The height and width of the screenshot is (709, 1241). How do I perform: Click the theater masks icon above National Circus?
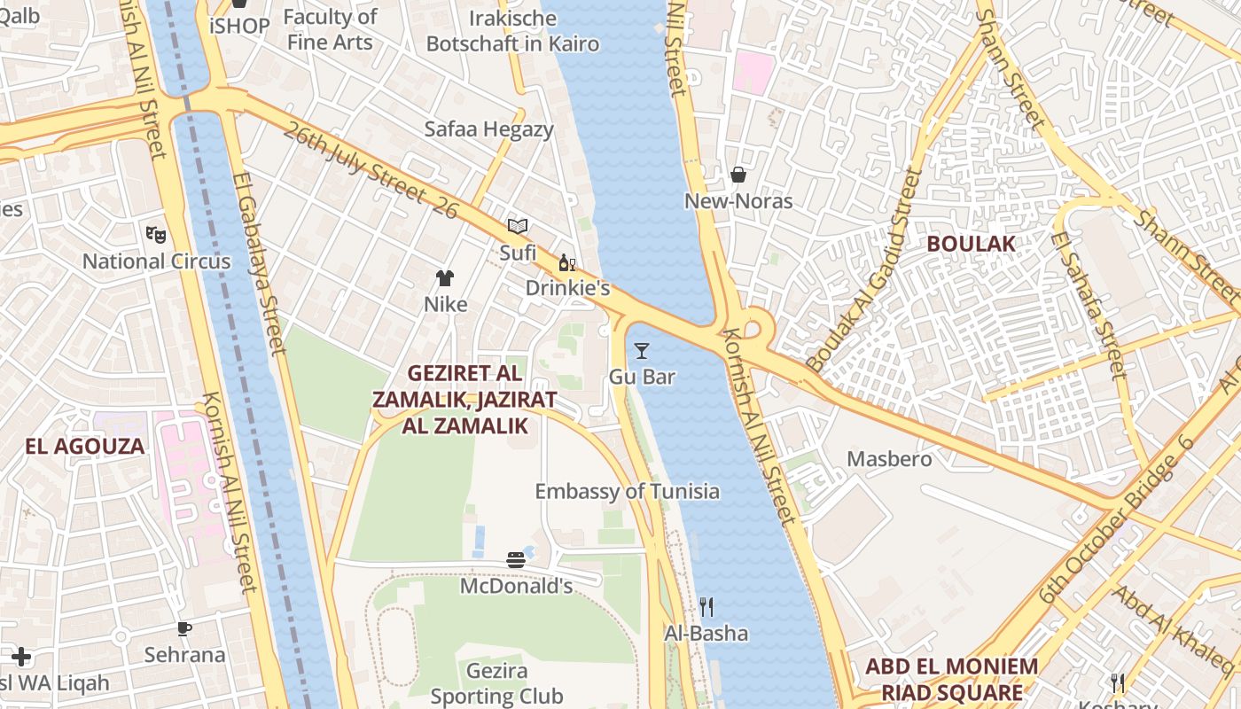pos(156,234)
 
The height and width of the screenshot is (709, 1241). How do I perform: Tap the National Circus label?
pos(156,261)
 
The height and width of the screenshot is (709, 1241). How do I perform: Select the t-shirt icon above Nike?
pos(445,278)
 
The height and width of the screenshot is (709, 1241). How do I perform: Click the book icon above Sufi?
pos(518,227)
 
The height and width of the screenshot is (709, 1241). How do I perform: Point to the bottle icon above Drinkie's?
pos(567,262)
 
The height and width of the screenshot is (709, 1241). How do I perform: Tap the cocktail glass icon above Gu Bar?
pos(642,351)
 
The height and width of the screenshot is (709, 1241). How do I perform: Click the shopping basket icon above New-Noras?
pos(738,175)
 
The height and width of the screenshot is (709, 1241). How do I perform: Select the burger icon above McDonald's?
pos(516,559)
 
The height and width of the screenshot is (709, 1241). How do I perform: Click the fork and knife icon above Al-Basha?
pos(706,607)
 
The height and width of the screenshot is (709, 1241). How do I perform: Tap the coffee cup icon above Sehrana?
pos(184,628)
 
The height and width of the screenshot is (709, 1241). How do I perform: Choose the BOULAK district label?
pos(971,243)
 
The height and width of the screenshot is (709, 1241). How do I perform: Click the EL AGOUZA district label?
pos(84,446)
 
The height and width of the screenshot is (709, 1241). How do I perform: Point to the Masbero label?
pos(889,459)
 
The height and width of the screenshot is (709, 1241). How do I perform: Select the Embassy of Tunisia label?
pos(627,492)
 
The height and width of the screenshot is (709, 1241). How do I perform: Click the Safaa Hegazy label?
pos(488,129)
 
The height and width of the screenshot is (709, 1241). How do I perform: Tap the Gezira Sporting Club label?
pos(496,683)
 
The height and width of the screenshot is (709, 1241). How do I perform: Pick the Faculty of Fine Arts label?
pos(330,29)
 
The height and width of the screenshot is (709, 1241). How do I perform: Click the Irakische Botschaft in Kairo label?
pos(512,31)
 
